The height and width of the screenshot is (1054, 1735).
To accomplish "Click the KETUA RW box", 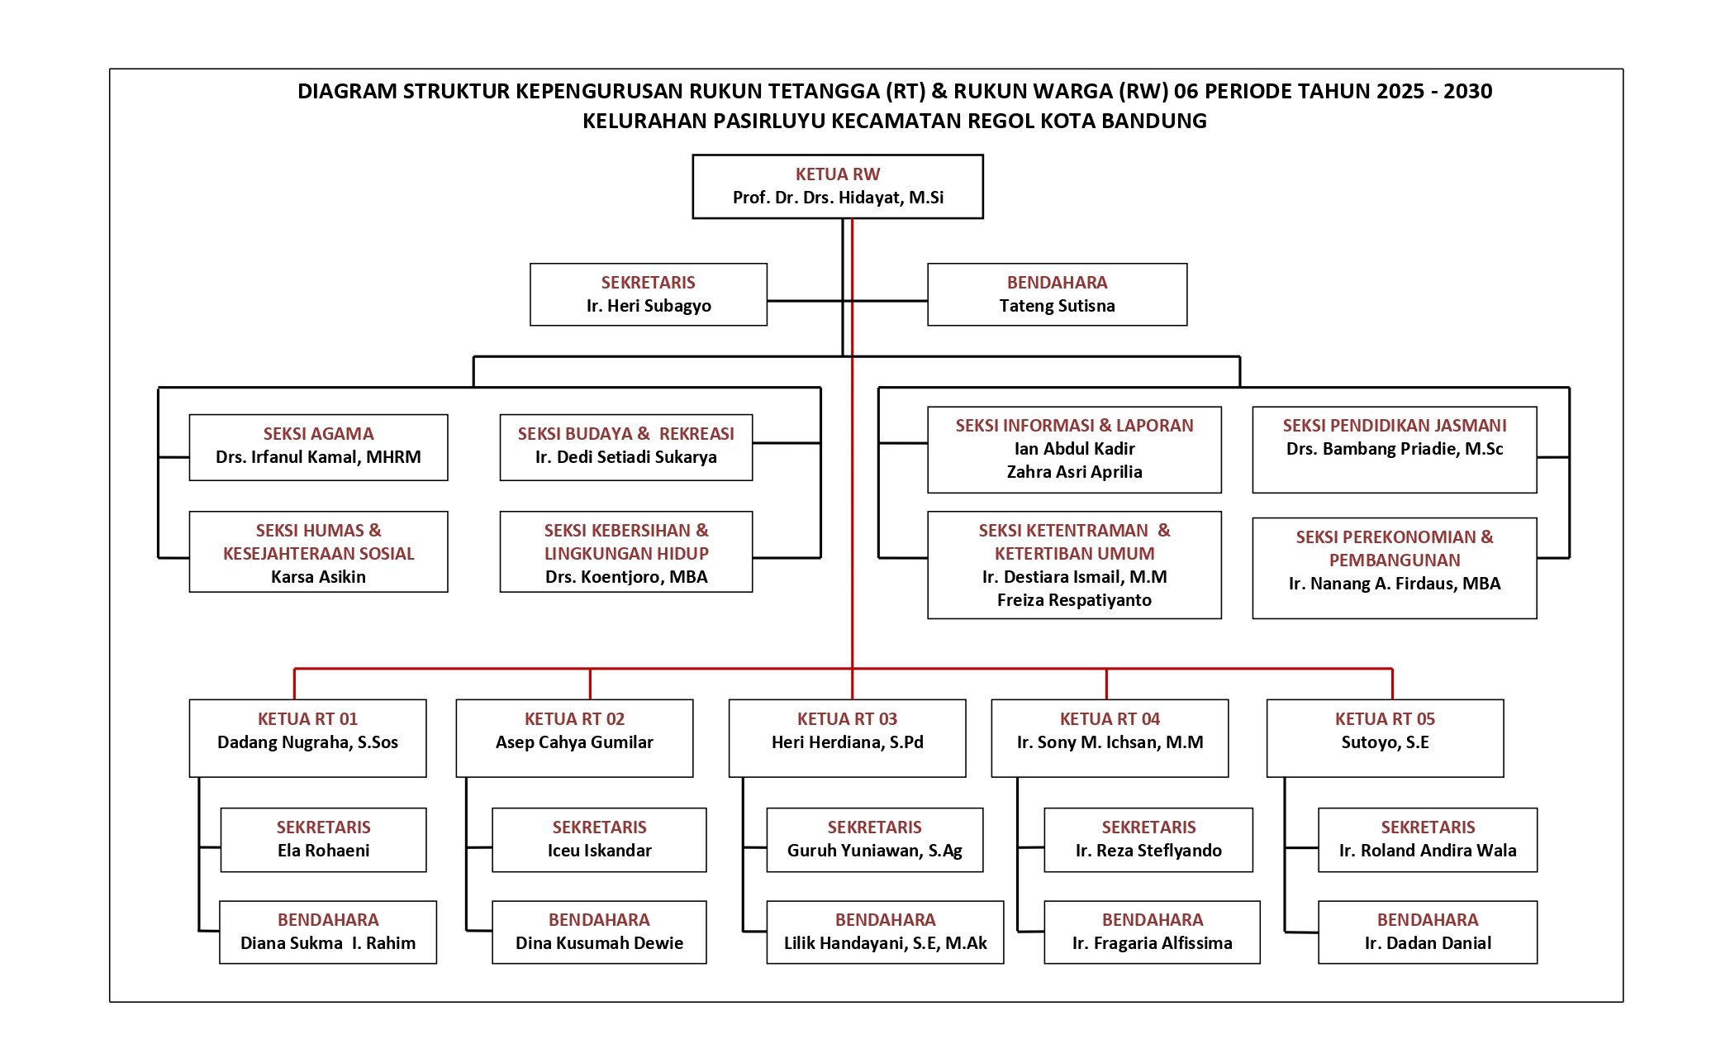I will [837, 186].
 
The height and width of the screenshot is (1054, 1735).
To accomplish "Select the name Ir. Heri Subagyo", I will [649, 306].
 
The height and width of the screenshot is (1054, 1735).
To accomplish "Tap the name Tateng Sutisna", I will [1057, 306].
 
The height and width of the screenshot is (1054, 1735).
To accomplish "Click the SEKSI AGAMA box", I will [318, 446].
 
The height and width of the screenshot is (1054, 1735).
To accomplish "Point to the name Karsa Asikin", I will [318, 577].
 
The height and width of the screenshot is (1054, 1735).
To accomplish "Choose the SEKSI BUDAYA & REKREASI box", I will [625, 446].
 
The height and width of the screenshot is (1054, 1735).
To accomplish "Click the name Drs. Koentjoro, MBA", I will [626, 577].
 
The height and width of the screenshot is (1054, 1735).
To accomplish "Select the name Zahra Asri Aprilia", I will [1074, 472].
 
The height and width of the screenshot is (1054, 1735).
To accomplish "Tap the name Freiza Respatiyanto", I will [1074, 600].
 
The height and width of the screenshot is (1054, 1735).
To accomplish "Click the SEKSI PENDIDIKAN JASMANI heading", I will [1394, 426].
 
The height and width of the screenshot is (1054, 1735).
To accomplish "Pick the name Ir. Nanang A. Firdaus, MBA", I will [1394, 584].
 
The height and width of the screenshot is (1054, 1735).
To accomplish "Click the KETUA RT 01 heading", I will [307, 719].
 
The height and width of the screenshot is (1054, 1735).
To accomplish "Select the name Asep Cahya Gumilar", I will [574, 742].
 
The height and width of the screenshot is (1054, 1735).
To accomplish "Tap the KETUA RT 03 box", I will [847, 737].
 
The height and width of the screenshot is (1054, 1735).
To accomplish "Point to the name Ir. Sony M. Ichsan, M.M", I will [1110, 742].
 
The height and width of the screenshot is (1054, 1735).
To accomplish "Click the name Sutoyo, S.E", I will [1385, 742].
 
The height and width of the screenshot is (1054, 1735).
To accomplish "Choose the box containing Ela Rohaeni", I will [323, 839].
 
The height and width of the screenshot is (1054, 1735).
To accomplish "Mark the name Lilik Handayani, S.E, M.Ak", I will [885, 943].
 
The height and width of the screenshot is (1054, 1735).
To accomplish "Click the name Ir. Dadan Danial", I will [1428, 943].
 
